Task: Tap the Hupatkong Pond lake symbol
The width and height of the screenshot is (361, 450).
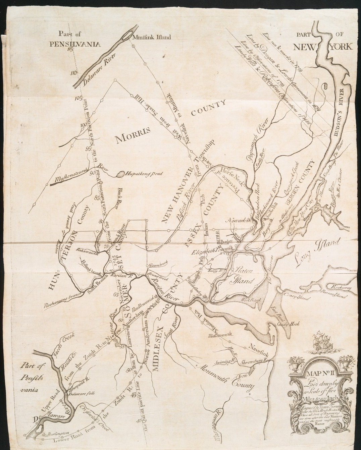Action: coord(120,174)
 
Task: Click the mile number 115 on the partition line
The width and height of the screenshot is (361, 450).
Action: coord(70,50)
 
